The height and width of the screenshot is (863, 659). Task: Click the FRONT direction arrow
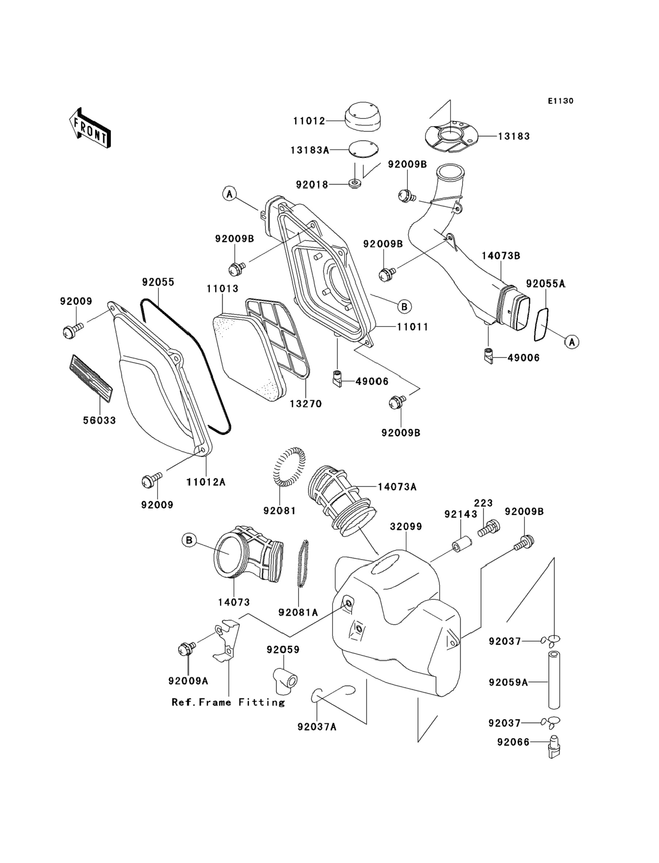tap(90, 128)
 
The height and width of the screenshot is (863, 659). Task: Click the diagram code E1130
tap(561, 101)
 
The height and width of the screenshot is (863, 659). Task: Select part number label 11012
tap(309, 121)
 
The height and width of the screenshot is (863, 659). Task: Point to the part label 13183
tap(514, 136)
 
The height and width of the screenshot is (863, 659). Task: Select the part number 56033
tap(99, 421)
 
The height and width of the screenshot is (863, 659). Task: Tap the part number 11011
tap(412, 326)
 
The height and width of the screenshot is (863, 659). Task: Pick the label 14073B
tap(501, 256)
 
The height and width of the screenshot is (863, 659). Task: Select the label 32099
tap(405, 526)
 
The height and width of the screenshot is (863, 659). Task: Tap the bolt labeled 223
tap(489, 529)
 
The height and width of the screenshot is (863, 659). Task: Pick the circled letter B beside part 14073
tap(189, 540)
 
